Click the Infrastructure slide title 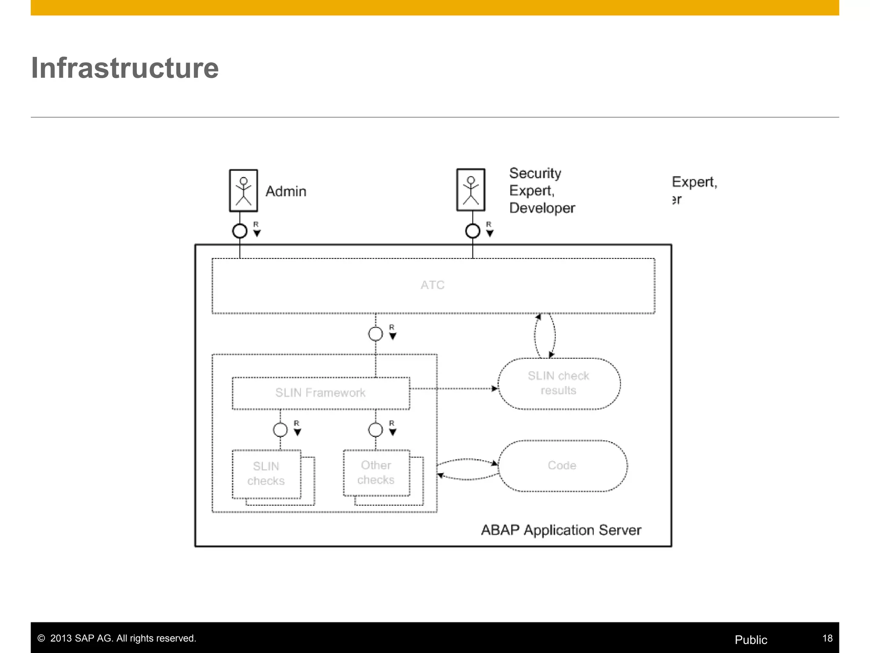pos(125,68)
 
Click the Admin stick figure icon pos(243,190)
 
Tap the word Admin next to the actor pos(286,191)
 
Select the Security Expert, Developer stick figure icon pos(471,190)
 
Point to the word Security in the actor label pos(535,173)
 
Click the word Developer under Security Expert pos(542,208)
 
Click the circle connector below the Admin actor pos(240,231)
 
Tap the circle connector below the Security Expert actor pos(473,231)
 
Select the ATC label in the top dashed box pos(432,285)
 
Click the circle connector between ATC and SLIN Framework pos(376,334)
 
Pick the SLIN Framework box pos(321,393)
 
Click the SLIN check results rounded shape pos(559,383)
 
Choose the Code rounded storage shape pos(562,466)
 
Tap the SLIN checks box pos(266,474)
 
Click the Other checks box pos(376,472)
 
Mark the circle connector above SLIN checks pos(280,430)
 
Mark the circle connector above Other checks pos(376,430)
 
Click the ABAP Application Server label pos(561,530)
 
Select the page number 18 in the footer pos(827,638)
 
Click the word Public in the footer pos(751,640)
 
